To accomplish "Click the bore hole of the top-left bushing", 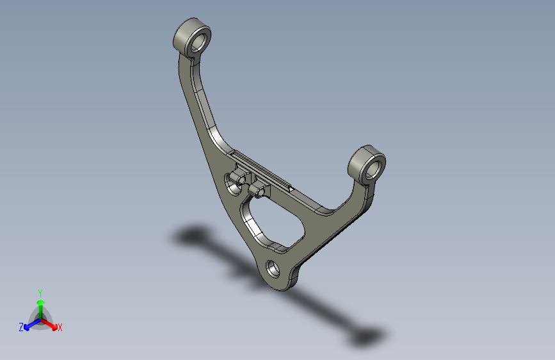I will point(200,42).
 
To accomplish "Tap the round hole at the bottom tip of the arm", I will point(273,269).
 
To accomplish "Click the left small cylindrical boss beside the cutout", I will point(241,177).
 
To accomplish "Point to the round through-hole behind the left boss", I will point(230,186).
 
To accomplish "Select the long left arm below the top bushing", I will point(195,102).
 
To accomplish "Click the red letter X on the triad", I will point(60,328).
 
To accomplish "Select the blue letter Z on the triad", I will point(21,327).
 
